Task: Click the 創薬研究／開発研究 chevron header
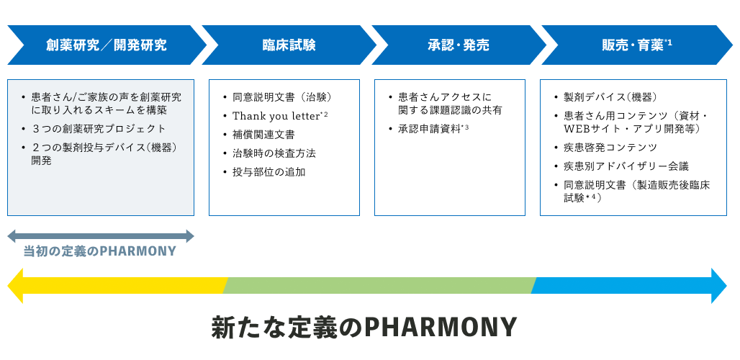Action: pyautogui.click(x=107, y=45)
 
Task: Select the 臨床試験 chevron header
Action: pyautogui.click(x=289, y=45)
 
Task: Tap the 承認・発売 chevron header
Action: pyautogui.click(x=459, y=45)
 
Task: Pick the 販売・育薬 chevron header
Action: pyautogui.click(x=637, y=45)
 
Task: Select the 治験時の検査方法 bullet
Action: pyautogui.click(x=269, y=153)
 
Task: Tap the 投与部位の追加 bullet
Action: pyautogui.click(x=264, y=172)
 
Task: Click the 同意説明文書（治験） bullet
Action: pyautogui.click(x=278, y=97)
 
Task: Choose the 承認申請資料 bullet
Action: pyautogui.click(x=428, y=129)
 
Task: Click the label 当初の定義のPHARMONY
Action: pyautogui.click(x=99, y=251)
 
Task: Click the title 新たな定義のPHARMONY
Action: pyautogui.click(x=364, y=326)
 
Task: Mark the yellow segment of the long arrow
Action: pyautogui.click(x=118, y=285)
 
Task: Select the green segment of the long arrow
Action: pyautogui.click(x=380, y=285)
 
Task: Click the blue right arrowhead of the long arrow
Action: pyautogui.click(x=718, y=285)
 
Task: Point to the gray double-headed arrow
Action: pyautogui.click(x=101, y=236)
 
